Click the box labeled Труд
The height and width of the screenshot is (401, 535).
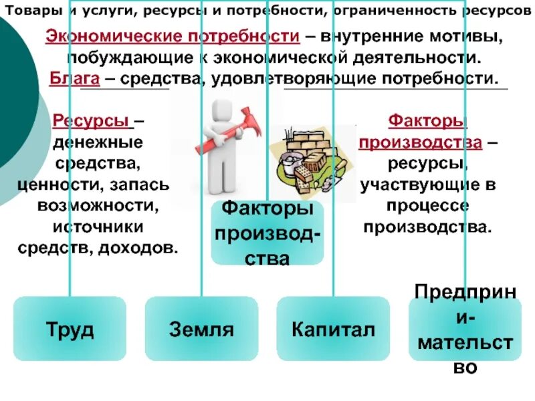[70, 329]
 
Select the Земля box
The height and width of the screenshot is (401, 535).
[201, 329]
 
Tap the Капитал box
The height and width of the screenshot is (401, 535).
[333, 329]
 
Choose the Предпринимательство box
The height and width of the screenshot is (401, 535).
[465, 329]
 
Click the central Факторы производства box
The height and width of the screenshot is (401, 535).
[267, 233]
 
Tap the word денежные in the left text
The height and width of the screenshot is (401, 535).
[98, 142]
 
